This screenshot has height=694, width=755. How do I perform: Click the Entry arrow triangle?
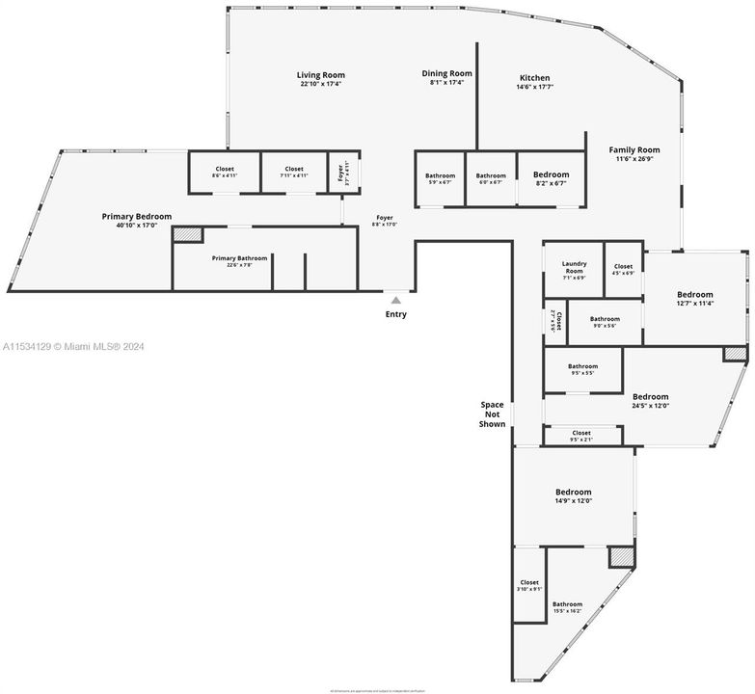pyautogui.click(x=395, y=301)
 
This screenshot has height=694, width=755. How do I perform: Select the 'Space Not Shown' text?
pyautogui.click(x=493, y=414)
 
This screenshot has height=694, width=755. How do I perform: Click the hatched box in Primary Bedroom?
pyautogui.click(x=187, y=234)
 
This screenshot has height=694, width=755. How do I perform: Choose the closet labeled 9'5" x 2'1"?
pyautogui.click(x=581, y=436)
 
